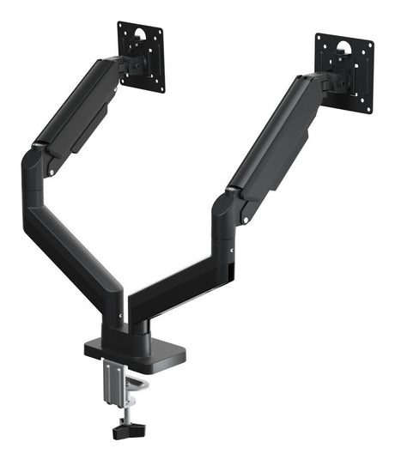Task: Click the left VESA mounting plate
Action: [141, 55]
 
